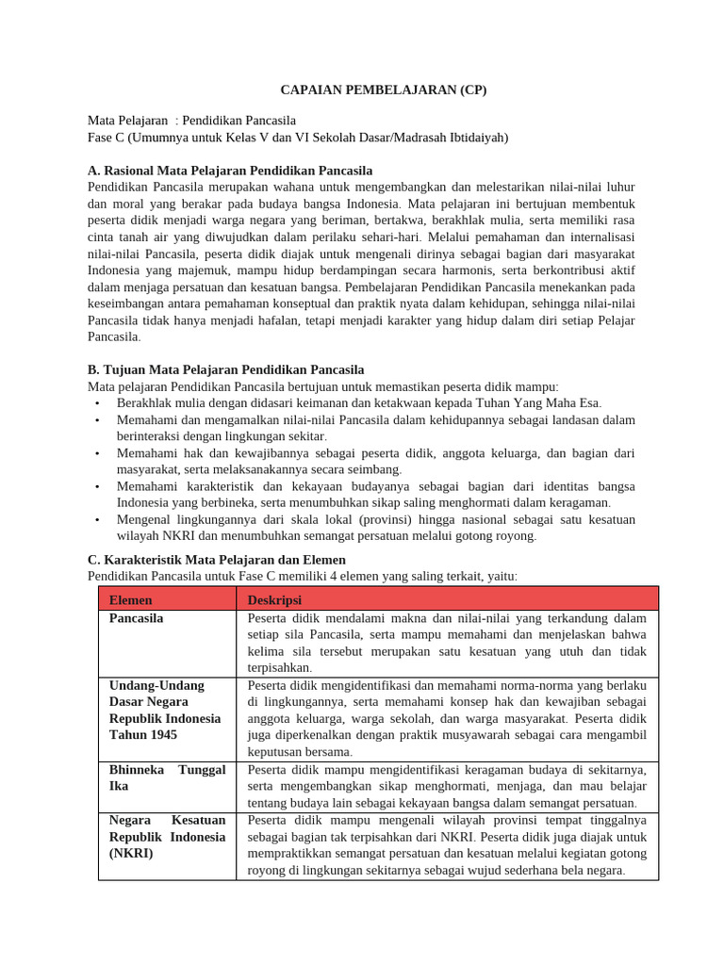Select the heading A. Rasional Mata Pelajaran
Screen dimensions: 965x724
pos(230,171)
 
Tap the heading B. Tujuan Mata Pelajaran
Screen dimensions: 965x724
pos(225,369)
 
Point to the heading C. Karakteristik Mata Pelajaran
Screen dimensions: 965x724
pos(216,560)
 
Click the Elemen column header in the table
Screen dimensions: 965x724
pos(131,599)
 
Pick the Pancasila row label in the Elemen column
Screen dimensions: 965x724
pos(136,618)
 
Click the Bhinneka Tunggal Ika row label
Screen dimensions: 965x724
pos(167,777)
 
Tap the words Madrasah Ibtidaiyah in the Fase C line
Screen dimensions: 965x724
pos(442,138)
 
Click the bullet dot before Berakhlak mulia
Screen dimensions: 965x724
pos(98,403)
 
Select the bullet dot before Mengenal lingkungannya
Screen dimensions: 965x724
pos(98,520)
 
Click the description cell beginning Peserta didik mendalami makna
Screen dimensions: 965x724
pos(447,643)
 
